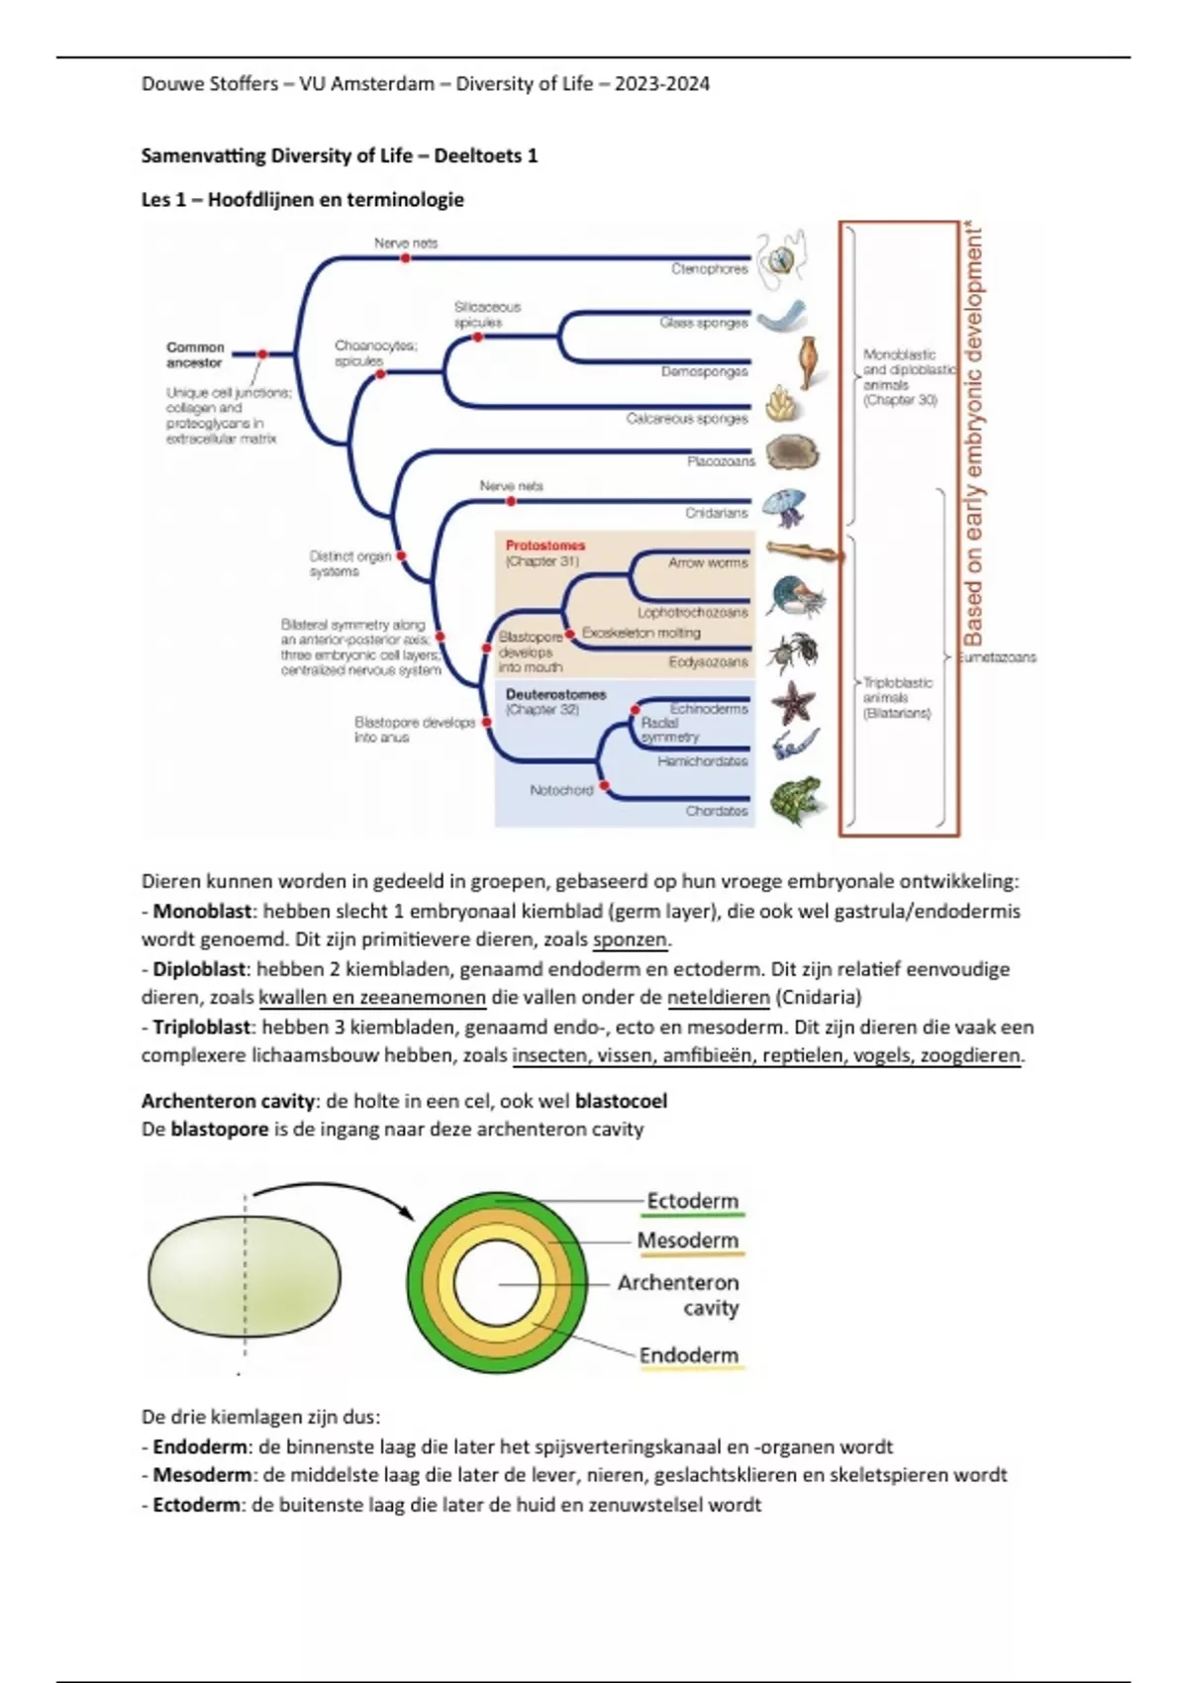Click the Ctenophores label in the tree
(x=709, y=268)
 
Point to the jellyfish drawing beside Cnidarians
(x=787, y=510)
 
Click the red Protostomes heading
(x=544, y=545)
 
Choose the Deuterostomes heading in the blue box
(x=554, y=695)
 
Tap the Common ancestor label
(x=195, y=355)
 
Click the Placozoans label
(x=721, y=461)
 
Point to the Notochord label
(x=561, y=790)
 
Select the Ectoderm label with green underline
(x=692, y=1201)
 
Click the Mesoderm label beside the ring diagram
(x=688, y=1240)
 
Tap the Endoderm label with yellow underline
(x=689, y=1355)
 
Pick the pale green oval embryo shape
(x=245, y=1278)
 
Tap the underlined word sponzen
(x=631, y=940)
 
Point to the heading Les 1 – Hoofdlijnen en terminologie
(x=303, y=199)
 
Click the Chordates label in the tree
(x=717, y=811)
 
